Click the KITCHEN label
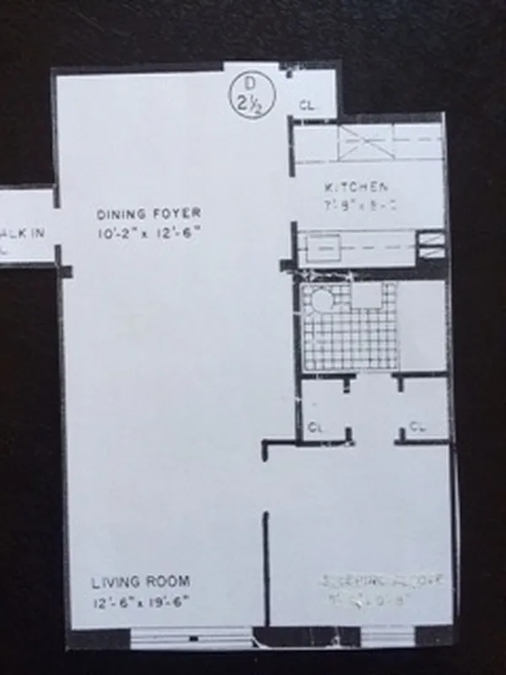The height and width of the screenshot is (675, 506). click(x=357, y=188)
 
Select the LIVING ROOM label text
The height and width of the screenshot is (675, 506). click(x=140, y=581)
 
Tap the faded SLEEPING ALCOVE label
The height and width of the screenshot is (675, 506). click(x=385, y=581)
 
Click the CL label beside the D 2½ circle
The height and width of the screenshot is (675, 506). click(x=307, y=105)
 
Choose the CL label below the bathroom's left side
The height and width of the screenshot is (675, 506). click(x=315, y=427)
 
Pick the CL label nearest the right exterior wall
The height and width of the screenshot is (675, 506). click(x=417, y=427)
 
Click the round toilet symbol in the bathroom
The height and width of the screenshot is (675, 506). click(x=321, y=301)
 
